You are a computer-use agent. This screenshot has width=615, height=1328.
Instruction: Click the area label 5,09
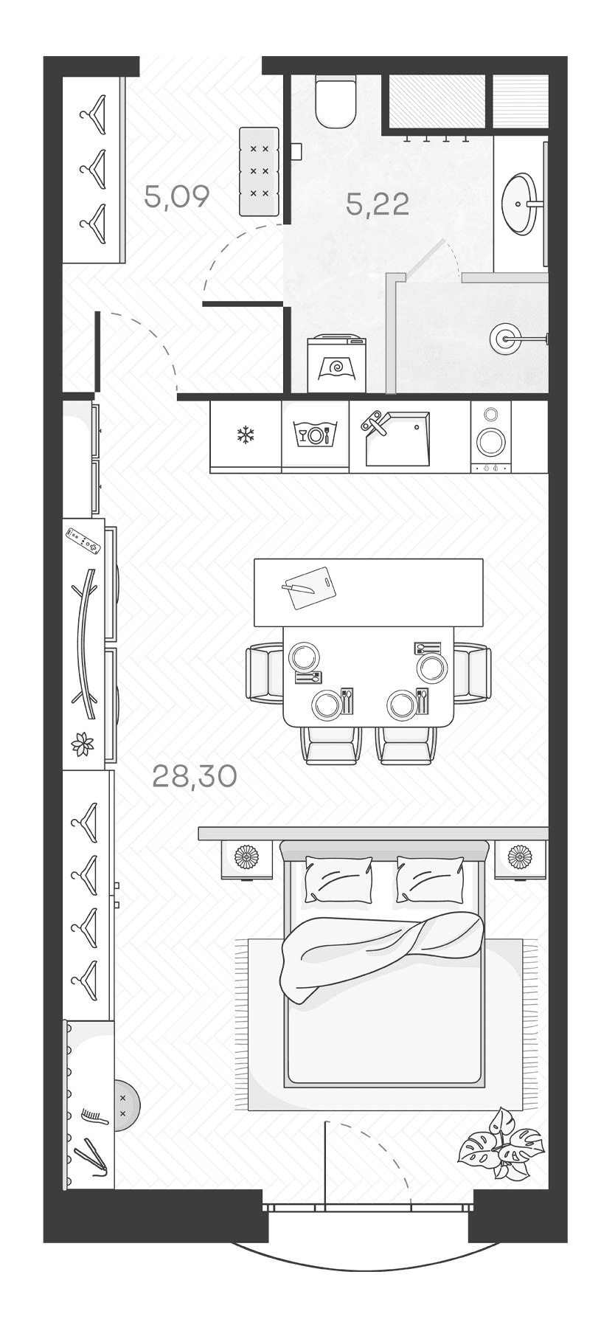[x=177, y=197]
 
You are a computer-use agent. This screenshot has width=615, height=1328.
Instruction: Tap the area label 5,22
[x=378, y=204]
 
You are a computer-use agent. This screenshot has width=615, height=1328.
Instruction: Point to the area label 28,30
[x=194, y=776]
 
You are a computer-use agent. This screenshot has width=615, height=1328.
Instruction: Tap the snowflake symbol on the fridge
[x=244, y=435]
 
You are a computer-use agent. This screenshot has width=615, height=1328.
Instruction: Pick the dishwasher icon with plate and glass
[x=315, y=434]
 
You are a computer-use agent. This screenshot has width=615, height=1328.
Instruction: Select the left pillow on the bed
[x=339, y=879]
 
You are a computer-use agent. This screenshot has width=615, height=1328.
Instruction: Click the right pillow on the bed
[x=430, y=879]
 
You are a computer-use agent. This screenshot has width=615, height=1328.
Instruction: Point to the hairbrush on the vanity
[x=94, y=1116]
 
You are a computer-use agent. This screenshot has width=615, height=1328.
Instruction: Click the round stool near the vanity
[x=125, y=1104]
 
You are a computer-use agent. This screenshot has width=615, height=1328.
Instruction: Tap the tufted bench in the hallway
[x=259, y=171]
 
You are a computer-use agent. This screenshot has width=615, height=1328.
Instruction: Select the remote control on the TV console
[x=83, y=540]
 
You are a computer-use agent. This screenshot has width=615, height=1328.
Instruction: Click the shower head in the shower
[x=504, y=339]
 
